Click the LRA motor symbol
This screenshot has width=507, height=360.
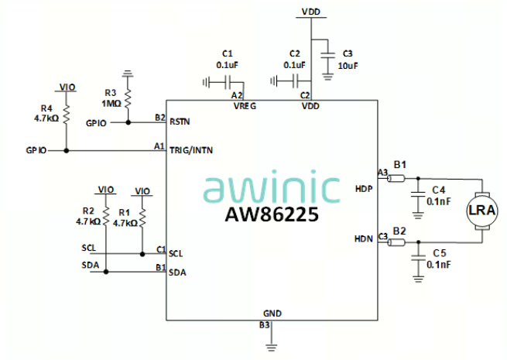point(480,211)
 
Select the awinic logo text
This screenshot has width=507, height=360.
point(272,188)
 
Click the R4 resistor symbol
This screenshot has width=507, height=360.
point(66,114)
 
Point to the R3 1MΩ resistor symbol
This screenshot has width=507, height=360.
point(128,98)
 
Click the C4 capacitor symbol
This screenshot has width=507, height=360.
point(417,190)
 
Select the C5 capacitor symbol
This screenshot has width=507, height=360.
point(417,253)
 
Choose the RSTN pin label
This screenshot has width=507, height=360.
point(180,122)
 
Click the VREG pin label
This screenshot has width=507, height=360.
point(245,107)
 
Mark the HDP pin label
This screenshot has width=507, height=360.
point(364,188)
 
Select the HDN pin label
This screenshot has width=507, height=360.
point(364,239)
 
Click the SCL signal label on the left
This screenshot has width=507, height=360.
point(87,248)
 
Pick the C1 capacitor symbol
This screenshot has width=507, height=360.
point(228,81)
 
